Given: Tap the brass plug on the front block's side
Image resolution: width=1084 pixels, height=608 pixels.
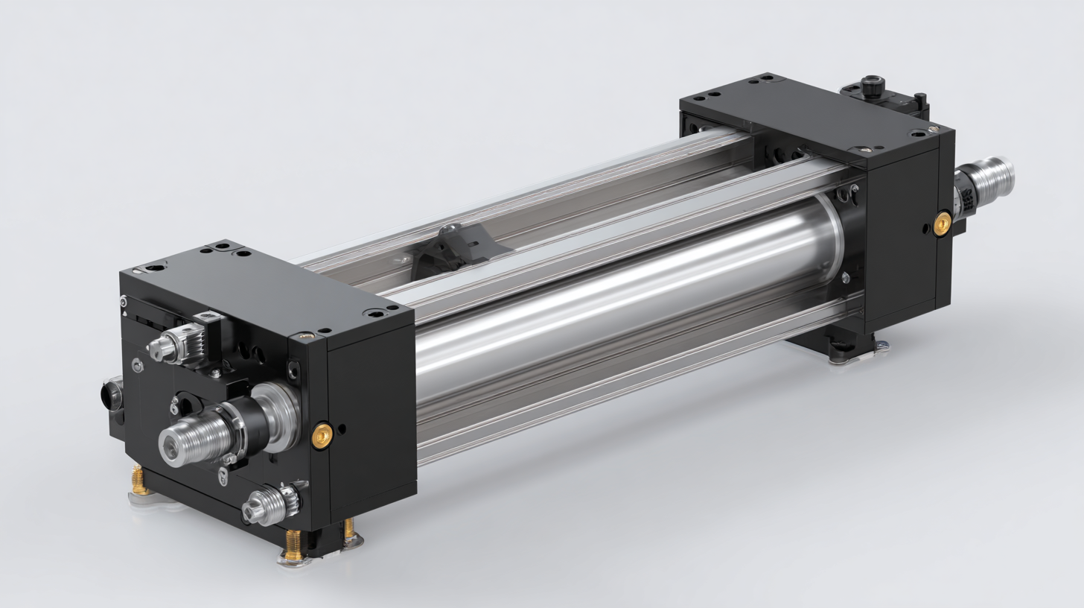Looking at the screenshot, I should coord(322,435).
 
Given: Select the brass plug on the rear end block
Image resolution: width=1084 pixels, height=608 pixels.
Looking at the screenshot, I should coord(942,223).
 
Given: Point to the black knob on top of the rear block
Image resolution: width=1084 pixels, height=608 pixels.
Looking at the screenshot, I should coord(871,84).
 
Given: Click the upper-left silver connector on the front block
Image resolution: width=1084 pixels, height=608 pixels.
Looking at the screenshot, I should coord(167,346).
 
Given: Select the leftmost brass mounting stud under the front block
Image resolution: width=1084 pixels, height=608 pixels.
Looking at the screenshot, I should coord(138,481).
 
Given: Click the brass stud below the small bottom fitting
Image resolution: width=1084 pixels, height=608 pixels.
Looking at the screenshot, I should coord(293,542).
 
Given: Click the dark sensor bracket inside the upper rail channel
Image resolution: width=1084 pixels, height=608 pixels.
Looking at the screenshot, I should coord(447,246).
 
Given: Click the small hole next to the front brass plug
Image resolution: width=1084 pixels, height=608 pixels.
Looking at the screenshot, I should coord(342,429).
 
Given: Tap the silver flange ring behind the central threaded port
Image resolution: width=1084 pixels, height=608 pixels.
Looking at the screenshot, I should coord(275,417).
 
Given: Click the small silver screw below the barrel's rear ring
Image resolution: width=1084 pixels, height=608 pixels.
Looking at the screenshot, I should coord(846,277).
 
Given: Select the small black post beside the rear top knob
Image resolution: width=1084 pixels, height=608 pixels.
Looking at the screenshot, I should coord(921,99).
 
